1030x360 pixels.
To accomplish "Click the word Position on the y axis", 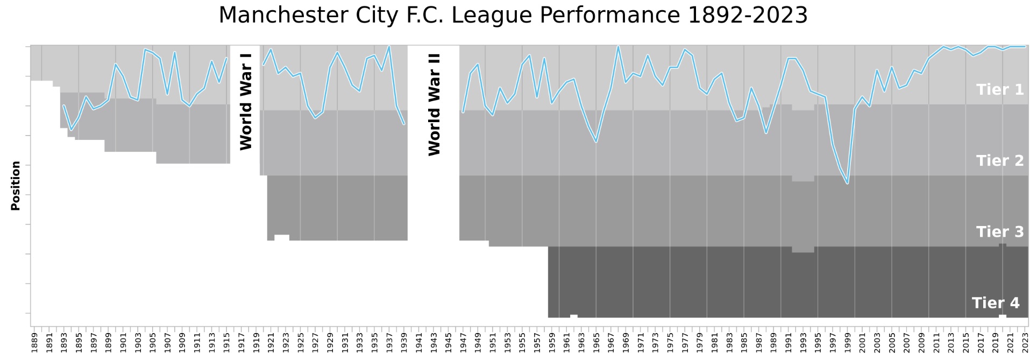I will pos(16,186).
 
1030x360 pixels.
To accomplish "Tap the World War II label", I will pos(434,104).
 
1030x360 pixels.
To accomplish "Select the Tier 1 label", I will pos(1000,89).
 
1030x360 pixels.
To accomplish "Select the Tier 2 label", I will pos(1000,160).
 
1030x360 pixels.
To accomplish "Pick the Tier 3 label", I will pos(1000,231).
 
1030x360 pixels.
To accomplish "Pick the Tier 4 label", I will pos(996,303).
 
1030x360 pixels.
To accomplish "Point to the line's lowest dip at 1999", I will pos(847,183).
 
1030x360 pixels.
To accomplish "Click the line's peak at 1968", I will pos(618,46).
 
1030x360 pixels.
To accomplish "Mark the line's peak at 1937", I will pos(389,46).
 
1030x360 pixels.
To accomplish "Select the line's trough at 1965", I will pos(596,142).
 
